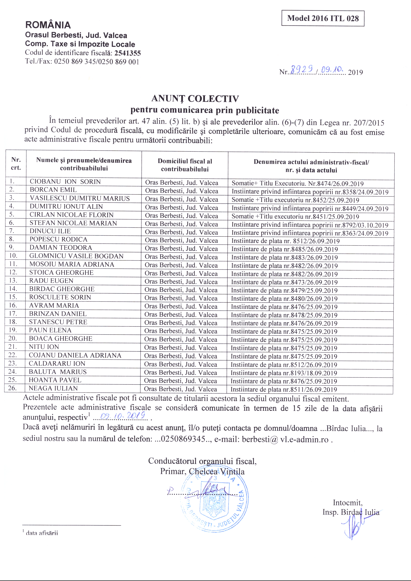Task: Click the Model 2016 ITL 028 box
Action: tap(323, 18)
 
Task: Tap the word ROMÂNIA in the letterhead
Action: tap(48, 25)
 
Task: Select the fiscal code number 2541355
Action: tap(128, 53)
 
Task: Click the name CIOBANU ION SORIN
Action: tap(65, 182)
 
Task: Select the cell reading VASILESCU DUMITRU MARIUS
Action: tap(80, 198)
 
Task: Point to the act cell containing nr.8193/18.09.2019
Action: tap(284, 373)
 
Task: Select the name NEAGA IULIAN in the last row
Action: tap(53, 388)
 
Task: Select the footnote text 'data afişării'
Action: tap(42, 533)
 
